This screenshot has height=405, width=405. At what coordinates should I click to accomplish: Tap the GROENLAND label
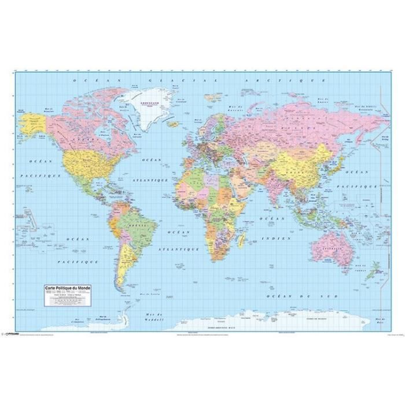[145, 99]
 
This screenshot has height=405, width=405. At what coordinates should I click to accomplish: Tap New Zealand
[374, 268]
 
